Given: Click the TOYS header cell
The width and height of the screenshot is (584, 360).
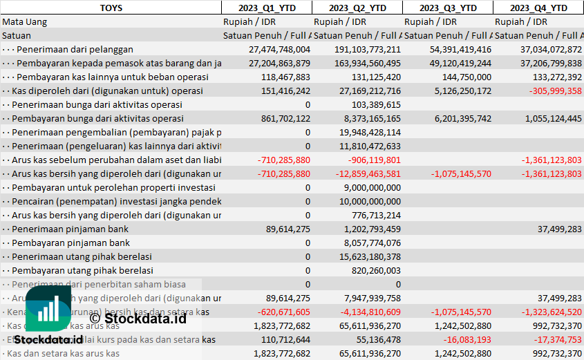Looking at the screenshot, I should (x=111, y=8).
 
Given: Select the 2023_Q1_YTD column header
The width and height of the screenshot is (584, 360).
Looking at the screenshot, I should (x=266, y=8).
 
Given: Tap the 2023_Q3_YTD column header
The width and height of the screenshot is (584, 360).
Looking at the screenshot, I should (x=448, y=8).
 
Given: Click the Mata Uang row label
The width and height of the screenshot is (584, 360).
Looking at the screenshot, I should (x=25, y=21).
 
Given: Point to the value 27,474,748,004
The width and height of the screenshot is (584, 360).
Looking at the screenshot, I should (x=279, y=49).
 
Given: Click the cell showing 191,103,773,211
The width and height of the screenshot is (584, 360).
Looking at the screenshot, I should (x=367, y=49).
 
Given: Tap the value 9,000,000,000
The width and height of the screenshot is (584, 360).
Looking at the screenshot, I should (x=371, y=187).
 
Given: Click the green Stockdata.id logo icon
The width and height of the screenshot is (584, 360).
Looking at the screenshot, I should (x=48, y=308).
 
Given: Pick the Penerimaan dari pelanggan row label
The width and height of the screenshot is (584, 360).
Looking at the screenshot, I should (x=75, y=49).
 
